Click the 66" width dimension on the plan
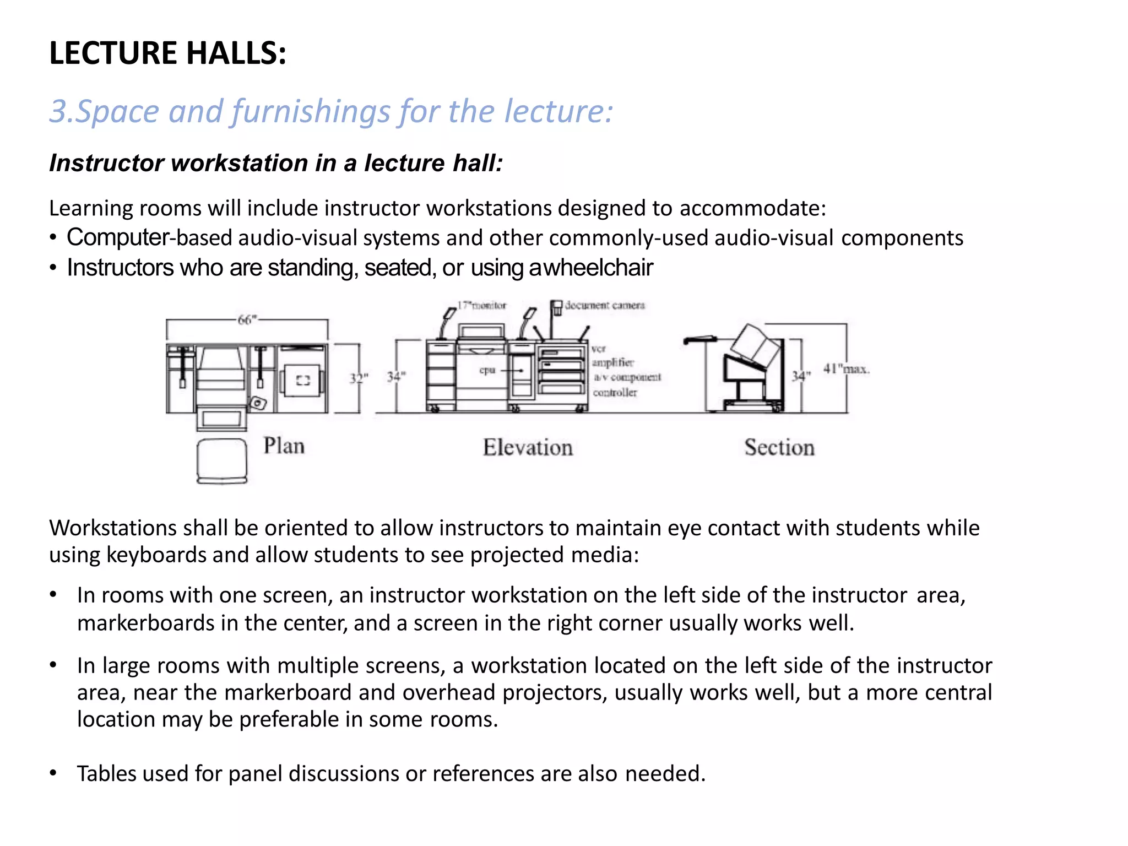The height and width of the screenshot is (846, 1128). click(247, 319)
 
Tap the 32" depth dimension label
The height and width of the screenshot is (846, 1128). click(358, 378)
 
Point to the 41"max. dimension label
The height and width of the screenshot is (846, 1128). click(846, 368)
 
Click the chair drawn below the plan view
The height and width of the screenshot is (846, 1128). click(222, 461)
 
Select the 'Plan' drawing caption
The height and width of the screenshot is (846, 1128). click(284, 446)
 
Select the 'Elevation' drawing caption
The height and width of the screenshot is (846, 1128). click(528, 447)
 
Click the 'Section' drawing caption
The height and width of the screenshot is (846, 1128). click(779, 447)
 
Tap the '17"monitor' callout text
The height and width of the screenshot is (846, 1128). click(482, 305)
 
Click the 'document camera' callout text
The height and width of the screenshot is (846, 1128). click(605, 305)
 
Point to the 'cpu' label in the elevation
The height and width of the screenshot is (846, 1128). click(487, 370)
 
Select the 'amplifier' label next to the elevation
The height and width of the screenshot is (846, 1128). click(612, 362)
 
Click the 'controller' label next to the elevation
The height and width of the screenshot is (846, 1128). click(615, 393)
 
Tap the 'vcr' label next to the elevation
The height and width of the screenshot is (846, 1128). click(599, 349)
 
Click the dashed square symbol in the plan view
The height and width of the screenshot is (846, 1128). click(303, 380)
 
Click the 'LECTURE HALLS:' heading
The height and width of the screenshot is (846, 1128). click(167, 53)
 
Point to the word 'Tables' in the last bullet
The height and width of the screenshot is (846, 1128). click(106, 774)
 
